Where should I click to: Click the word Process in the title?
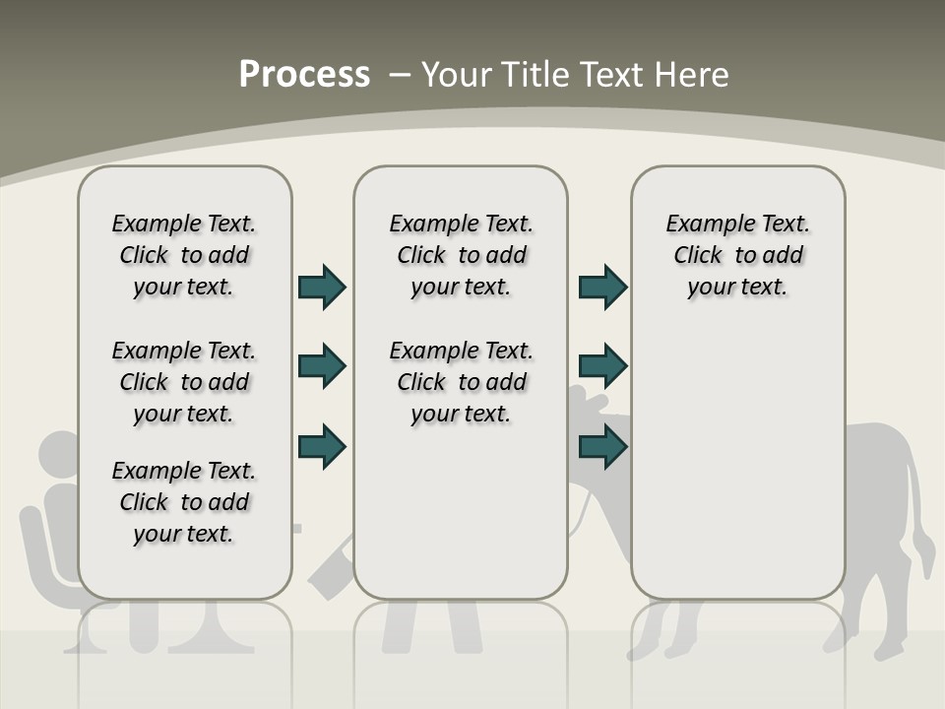tap(304, 75)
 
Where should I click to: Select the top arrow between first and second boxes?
tap(322, 287)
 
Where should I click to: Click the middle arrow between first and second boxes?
tap(322, 366)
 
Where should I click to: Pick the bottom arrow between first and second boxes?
tap(322, 446)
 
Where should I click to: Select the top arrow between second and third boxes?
tap(602, 287)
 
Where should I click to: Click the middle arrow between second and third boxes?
tap(602, 366)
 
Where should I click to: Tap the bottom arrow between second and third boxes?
tap(602, 446)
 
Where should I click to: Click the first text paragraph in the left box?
tap(184, 255)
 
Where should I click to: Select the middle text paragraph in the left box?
tap(184, 382)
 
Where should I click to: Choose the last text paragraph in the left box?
tap(184, 502)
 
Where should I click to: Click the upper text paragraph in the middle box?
tap(461, 255)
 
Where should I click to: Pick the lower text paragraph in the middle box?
tap(461, 382)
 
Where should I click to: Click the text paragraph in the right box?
tap(737, 255)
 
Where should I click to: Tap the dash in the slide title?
tap(400, 75)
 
